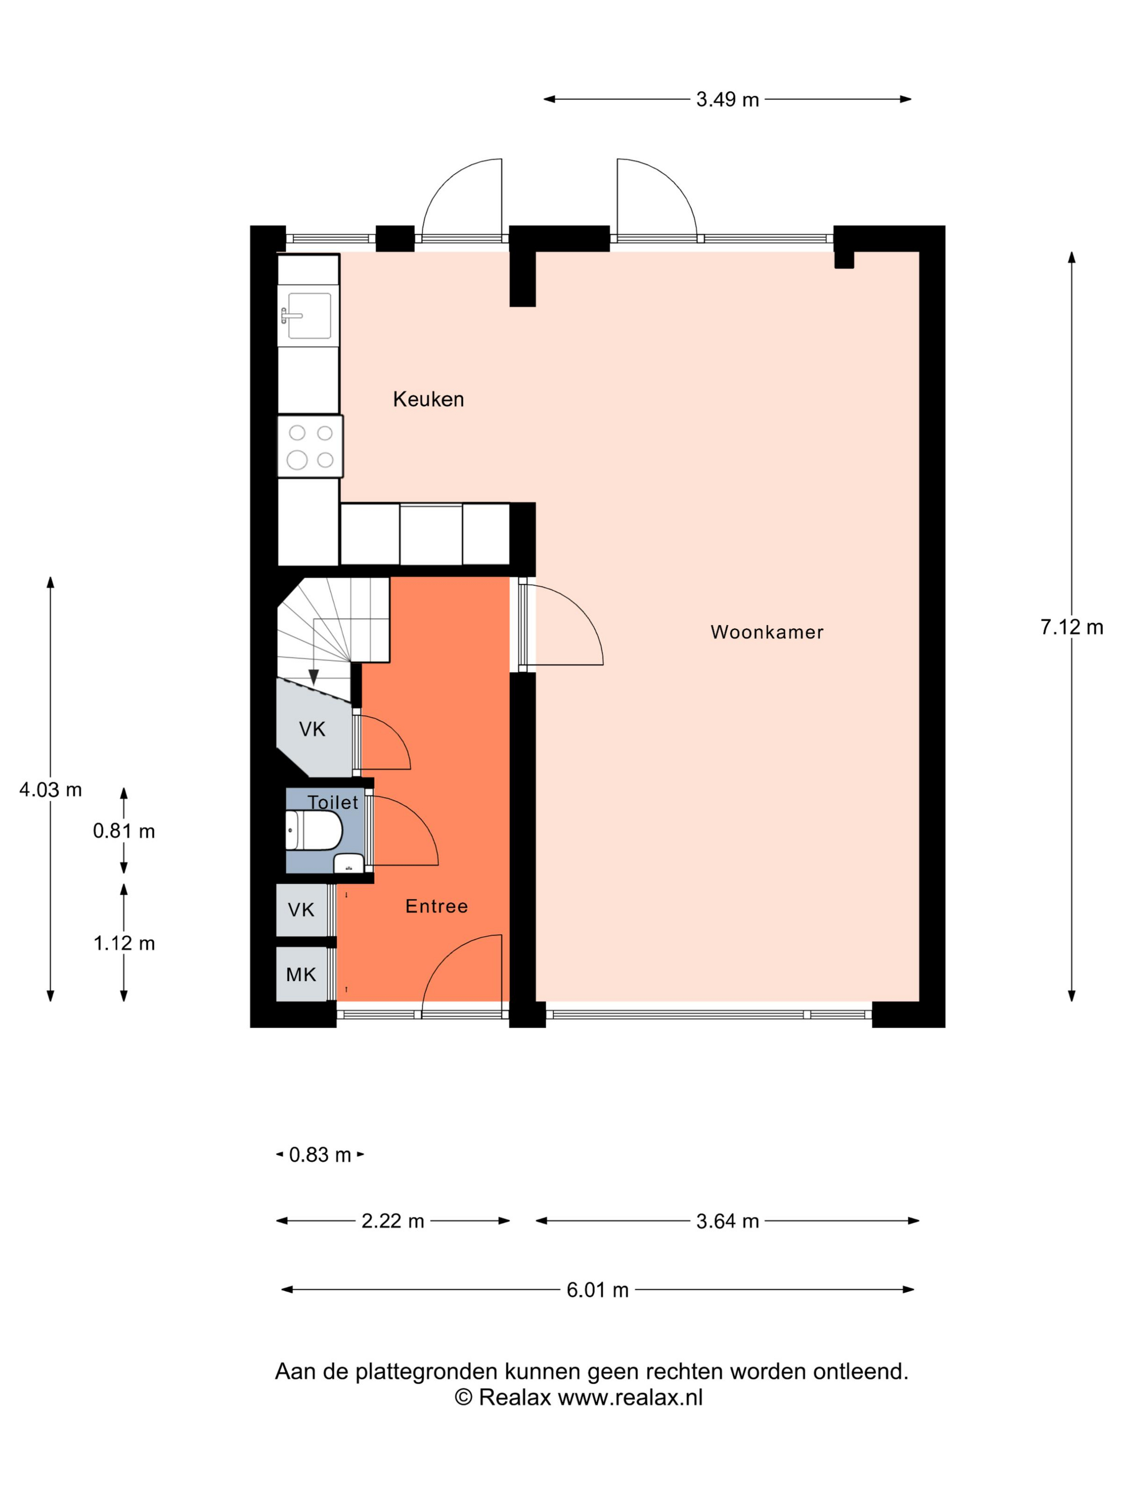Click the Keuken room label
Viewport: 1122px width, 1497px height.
click(428, 399)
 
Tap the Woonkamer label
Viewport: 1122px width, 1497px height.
click(767, 632)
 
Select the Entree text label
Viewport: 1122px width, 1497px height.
click(436, 906)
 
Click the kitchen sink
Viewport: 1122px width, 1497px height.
click(308, 315)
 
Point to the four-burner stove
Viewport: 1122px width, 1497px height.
click(310, 446)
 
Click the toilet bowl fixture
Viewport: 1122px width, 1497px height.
click(313, 830)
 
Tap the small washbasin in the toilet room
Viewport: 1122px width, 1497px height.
click(349, 863)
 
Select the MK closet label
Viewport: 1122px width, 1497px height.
click(301, 975)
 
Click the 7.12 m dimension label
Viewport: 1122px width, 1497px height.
click(1071, 627)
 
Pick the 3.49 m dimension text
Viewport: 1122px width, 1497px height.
click(727, 99)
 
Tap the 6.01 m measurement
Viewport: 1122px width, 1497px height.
click(597, 1290)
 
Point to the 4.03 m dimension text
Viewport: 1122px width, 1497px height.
click(50, 790)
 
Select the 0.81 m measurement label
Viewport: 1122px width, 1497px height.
click(124, 831)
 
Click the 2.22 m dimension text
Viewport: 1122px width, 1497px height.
click(392, 1221)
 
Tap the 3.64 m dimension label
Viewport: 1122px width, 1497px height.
click(727, 1221)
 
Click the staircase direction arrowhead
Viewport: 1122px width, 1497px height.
click(313, 677)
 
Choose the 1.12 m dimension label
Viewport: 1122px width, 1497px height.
click(124, 944)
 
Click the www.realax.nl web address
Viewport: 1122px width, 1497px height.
click(630, 1398)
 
